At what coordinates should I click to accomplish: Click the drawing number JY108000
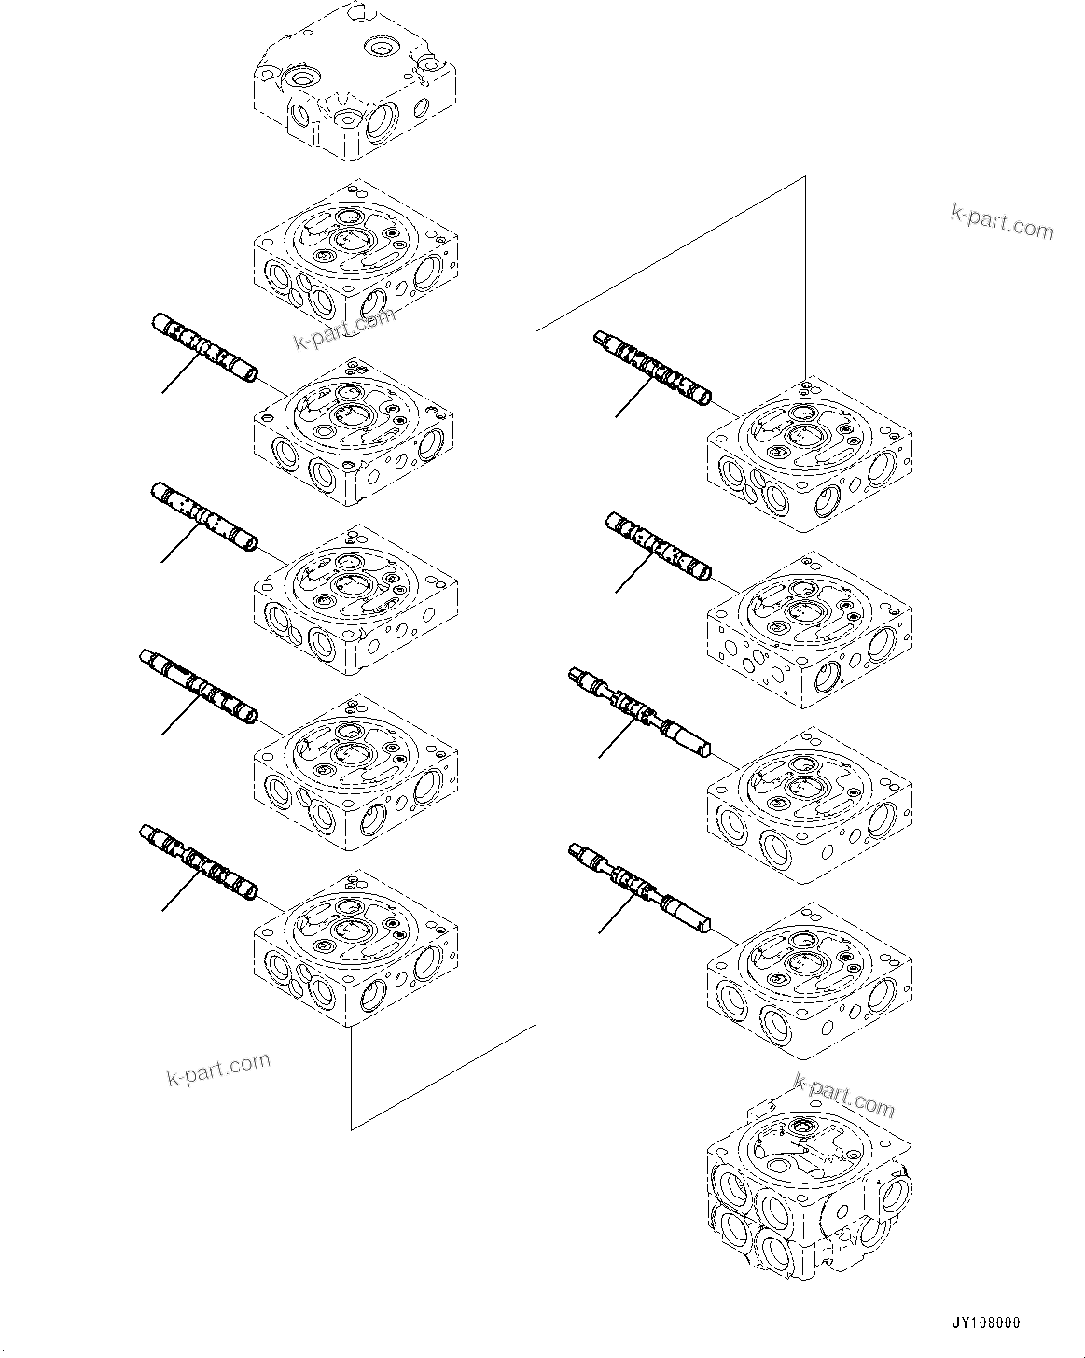(986, 1323)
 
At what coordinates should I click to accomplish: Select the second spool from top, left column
(204, 516)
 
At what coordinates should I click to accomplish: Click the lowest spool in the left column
(198, 861)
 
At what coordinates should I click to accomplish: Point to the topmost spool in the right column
(653, 368)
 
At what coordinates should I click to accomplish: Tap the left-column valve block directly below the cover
(355, 257)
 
